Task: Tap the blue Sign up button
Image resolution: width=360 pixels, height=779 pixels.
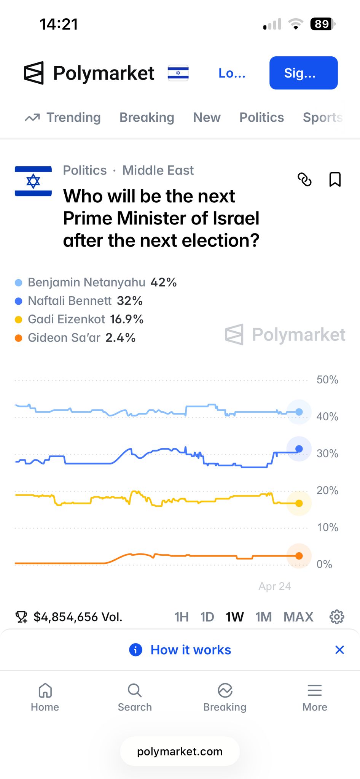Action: (x=303, y=73)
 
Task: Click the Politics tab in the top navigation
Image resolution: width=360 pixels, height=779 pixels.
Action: (x=261, y=118)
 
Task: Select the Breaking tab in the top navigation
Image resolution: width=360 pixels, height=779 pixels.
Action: (x=147, y=118)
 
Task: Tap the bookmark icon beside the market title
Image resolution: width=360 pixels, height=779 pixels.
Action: (x=335, y=180)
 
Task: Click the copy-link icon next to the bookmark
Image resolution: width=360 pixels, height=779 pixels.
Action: (x=304, y=180)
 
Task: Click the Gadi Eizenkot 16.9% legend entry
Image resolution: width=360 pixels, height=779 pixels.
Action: (x=79, y=320)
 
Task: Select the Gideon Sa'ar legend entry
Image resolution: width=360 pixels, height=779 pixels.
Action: (x=75, y=338)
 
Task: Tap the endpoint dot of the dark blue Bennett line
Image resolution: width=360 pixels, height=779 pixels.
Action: (x=299, y=449)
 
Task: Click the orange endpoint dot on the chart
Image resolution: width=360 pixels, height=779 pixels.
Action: (x=299, y=556)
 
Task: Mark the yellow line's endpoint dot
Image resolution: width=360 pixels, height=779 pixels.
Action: (x=299, y=503)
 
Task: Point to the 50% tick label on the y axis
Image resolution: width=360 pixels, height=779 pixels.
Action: (x=327, y=380)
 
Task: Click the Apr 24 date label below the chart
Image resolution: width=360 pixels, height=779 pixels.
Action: (x=274, y=587)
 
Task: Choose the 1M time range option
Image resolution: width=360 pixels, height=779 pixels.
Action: (x=263, y=617)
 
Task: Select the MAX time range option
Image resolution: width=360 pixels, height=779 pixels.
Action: (x=298, y=617)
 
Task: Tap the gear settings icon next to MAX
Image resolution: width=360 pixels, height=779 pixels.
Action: (x=336, y=617)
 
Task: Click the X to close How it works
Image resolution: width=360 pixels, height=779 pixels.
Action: (x=339, y=650)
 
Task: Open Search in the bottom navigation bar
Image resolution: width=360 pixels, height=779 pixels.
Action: (x=135, y=697)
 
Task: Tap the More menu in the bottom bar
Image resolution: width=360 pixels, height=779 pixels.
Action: (x=315, y=697)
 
